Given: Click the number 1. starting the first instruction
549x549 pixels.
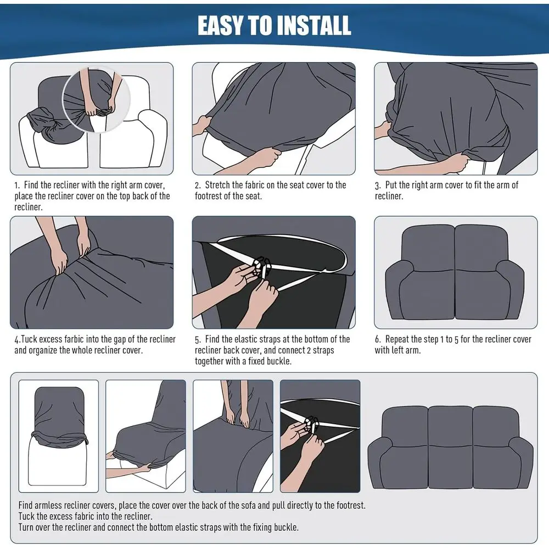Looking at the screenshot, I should (x=17, y=185).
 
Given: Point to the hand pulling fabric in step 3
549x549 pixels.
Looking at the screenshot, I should (x=451, y=163).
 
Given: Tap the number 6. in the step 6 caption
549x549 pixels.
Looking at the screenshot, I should (x=378, y=339).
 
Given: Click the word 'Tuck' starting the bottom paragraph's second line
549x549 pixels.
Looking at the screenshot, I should (x=26, y=516).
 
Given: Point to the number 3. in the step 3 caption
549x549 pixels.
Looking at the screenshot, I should (x=378, y=185).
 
